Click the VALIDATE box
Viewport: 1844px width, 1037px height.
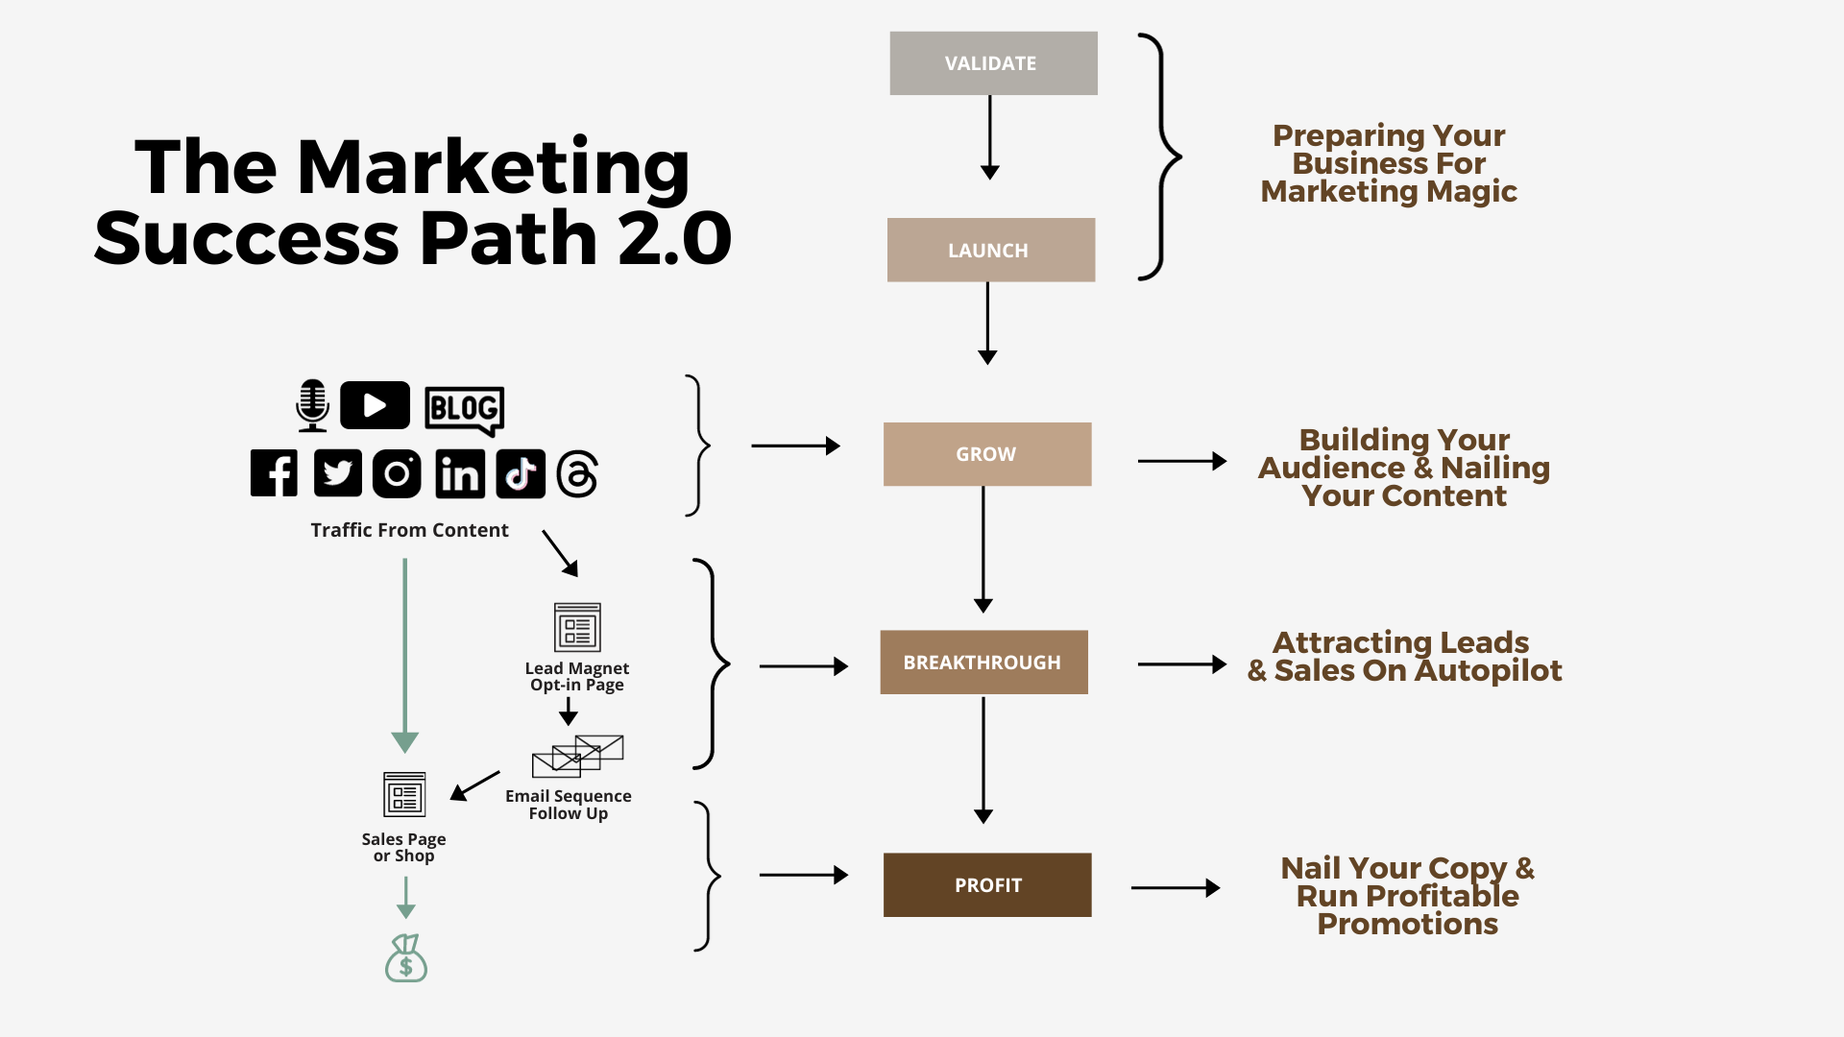[993, 63]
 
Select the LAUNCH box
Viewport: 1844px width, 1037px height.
[990, 250]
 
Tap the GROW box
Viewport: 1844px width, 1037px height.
[986, 454]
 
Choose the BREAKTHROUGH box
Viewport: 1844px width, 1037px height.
[983, 663]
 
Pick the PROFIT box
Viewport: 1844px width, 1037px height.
[986, 885]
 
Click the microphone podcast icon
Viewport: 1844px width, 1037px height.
[312, 405]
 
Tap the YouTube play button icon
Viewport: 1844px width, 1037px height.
[375, 405]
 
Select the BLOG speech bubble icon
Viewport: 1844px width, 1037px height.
[464, 409]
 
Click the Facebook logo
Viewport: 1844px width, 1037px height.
[274, 473]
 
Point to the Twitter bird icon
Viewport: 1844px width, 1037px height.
[337, 473]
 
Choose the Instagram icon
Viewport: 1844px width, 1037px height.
[397, 473]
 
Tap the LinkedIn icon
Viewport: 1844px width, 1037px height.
[460, 474]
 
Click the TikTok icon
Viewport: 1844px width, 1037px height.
[521, 473]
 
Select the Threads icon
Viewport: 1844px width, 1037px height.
[577, 473]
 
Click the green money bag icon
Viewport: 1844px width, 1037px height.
[406, 958]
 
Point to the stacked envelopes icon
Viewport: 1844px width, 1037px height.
[577, 756]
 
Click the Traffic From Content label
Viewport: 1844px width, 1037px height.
[409, 530]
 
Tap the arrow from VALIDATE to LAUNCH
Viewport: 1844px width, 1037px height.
[990, 137]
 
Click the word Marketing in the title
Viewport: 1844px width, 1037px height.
[494, 168]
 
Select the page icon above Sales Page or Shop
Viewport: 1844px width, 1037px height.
[404, 795]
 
